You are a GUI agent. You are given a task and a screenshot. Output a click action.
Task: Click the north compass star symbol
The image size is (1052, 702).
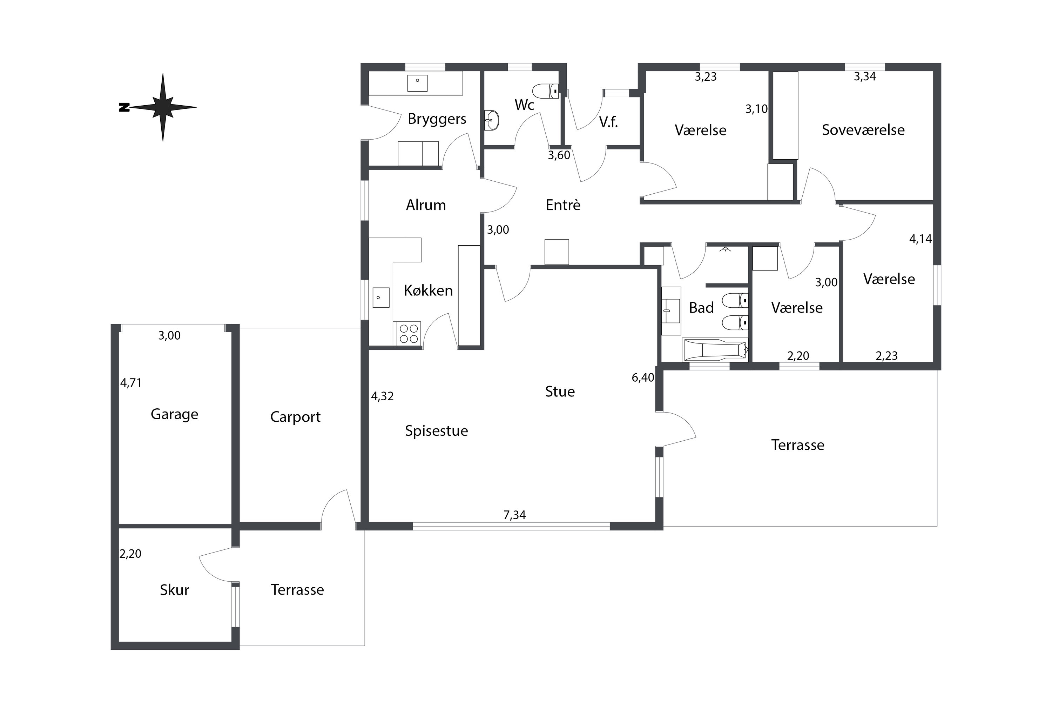point(162,107)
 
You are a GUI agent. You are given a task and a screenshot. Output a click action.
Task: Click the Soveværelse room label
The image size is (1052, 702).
point(863,130)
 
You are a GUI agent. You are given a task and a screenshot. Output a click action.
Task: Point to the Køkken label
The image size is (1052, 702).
point(428,290)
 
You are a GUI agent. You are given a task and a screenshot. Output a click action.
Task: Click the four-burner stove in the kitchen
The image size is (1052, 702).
point(409,334)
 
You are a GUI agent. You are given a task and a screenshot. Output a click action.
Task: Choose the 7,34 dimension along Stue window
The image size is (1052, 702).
point(514,515)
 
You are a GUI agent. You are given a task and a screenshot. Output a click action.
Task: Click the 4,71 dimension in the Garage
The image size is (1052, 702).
point(131,383)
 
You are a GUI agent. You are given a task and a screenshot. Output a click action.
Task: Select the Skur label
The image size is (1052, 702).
point(175,590)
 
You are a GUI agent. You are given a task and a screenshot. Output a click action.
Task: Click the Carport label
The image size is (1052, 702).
point(295,417)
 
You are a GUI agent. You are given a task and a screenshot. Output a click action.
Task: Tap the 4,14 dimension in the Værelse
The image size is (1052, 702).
point(920,239)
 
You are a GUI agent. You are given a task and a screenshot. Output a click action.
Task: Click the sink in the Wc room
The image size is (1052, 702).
point(491,120)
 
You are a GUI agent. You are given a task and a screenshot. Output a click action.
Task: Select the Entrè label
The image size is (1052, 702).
point(563,205)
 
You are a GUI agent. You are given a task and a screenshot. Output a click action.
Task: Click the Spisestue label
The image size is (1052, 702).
point(436,431)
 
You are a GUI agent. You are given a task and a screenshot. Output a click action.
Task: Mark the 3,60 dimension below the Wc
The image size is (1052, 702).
point(559,155)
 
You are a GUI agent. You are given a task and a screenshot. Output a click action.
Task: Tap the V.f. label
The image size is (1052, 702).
point(608,122)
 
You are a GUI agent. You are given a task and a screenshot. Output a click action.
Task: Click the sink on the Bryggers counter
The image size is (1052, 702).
point(417,83)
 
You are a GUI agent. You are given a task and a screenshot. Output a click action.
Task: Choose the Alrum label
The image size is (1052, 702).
point(426,205)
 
